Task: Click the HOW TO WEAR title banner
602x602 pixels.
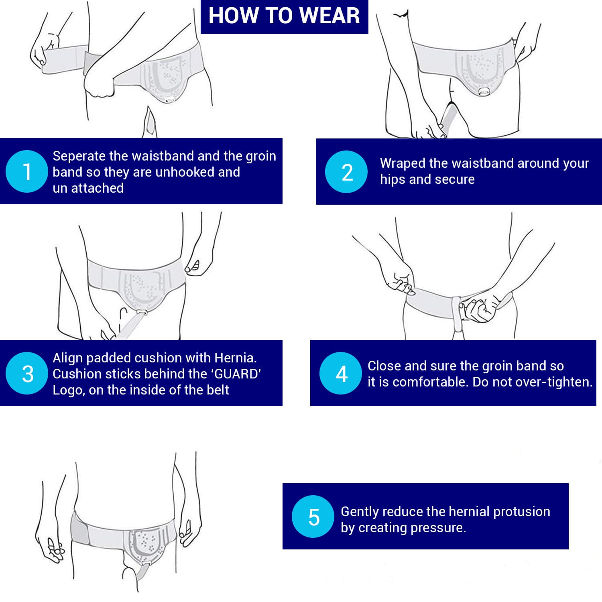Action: tap(284, 16)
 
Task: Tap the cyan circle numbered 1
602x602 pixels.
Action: tap(27, 171)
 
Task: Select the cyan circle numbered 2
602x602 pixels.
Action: tap(346, 172)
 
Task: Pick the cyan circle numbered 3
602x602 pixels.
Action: tap(27, 373)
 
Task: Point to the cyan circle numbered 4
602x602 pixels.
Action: tap(341, 373)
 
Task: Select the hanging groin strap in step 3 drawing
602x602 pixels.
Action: tap(128, 326)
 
